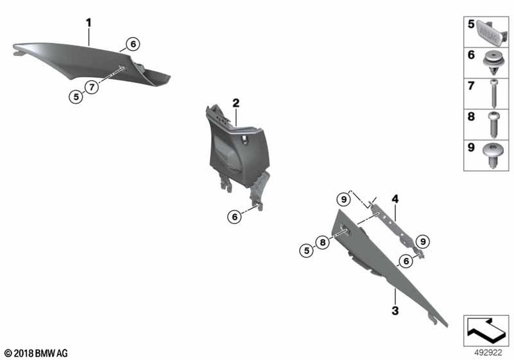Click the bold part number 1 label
88,23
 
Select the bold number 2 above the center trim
236,103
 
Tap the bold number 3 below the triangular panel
395,310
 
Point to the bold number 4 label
395,199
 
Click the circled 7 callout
92,87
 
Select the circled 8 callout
323,242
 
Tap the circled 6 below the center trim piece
235,217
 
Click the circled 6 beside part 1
133,44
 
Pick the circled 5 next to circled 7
76,97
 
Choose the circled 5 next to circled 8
306,251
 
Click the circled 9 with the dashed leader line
343,200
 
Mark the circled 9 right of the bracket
423,242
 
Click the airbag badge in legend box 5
492,31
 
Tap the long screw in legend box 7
494,94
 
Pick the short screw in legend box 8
493,124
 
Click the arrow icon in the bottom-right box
486,329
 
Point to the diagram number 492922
488,353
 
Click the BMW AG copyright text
36,353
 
